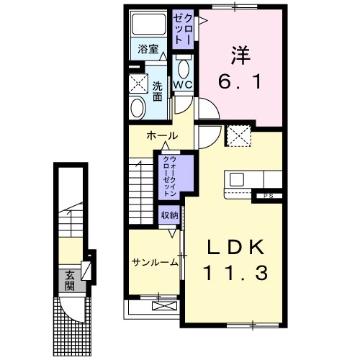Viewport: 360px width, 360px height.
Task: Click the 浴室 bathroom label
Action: [148, 50]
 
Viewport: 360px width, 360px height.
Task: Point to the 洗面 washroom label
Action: [157, 92]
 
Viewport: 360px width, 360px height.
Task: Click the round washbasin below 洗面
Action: [137, 109]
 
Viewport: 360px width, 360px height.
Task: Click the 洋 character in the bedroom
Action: [241, 55]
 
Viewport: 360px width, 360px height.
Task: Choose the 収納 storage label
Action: [170, 215]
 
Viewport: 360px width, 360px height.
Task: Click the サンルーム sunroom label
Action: [155, 263]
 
